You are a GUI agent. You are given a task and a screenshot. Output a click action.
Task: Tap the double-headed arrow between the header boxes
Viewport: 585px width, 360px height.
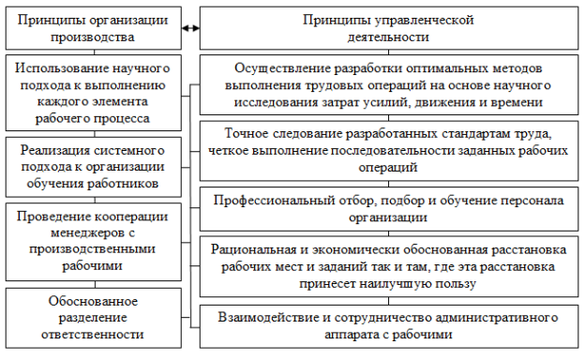[x=190, y=29]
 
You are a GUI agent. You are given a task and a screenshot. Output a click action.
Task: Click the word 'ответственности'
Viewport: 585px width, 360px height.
[x=93, y=333]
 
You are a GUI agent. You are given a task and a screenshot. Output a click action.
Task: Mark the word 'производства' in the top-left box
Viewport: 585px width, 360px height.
[x=93, y=37]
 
